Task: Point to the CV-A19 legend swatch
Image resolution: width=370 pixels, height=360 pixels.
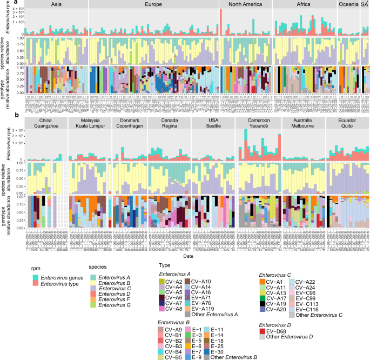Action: coord(263,303)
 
